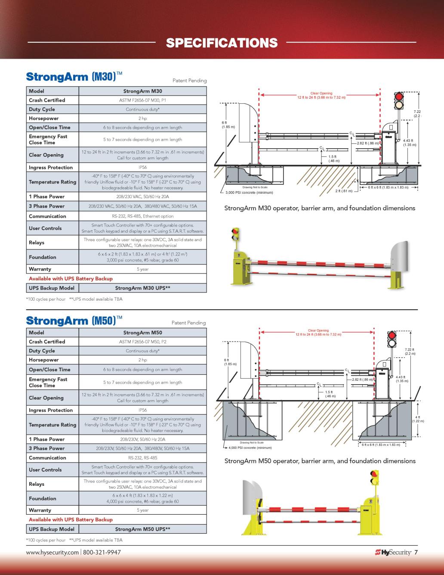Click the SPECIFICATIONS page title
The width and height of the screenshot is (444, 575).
coord(222,43)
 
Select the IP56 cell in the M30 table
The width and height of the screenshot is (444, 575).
coord(142,167)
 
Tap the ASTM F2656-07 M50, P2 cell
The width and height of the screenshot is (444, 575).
coord(142,342)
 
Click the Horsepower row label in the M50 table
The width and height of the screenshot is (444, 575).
coord(43,360)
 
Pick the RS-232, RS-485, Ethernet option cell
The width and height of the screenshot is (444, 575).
coord(142,216)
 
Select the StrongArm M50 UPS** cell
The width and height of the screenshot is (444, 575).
coord(142,529)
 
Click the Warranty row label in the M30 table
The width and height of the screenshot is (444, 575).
coord(40,269)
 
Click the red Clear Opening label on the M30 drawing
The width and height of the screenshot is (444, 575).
coord(321,95)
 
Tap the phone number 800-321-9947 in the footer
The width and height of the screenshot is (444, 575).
coord(102,552)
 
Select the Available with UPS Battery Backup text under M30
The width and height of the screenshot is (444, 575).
coord(71,279)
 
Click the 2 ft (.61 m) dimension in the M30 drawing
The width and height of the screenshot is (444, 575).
coord(344,191)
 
